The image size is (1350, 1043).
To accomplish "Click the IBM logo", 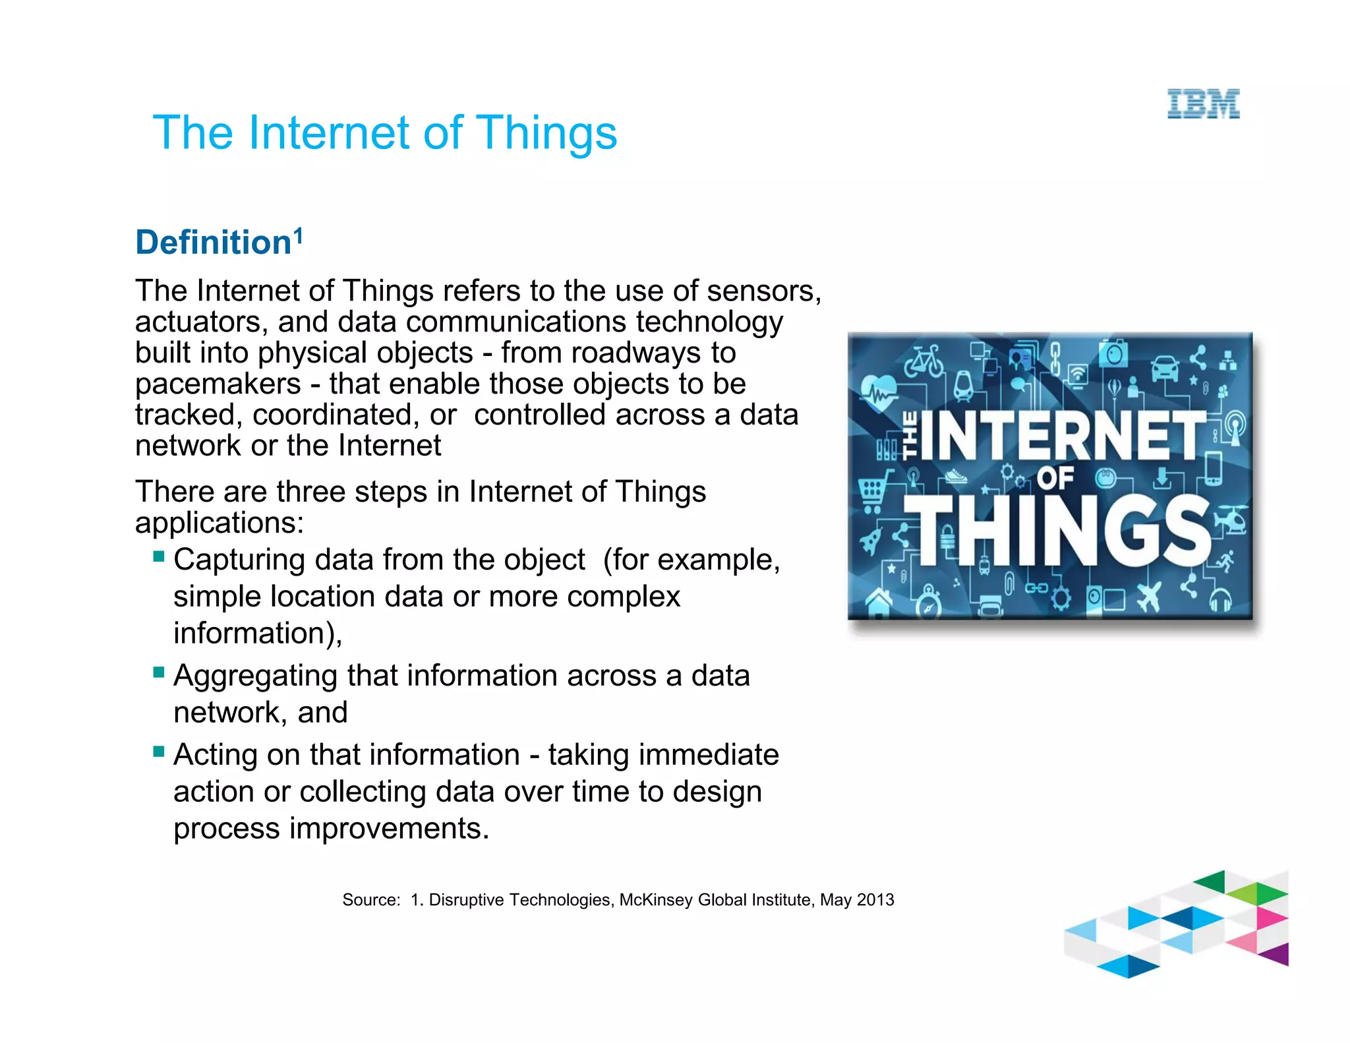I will (1203, 104).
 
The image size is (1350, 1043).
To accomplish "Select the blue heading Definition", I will (213, 243).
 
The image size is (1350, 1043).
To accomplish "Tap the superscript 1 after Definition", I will (298, 235).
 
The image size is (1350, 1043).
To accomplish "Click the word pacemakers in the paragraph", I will (218, 384).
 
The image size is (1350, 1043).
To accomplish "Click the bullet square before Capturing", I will (158, 556).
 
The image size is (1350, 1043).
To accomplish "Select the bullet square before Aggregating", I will (158, 672).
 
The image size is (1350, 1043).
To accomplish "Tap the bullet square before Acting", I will (158, 751).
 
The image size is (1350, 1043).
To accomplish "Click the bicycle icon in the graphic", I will (924, 361).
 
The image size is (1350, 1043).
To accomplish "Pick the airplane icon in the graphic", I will (1150, 596).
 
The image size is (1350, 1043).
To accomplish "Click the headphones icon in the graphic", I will (1220, 600).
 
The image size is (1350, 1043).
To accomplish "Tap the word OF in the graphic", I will (1055, 478).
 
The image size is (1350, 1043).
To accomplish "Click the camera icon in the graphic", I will (1113, 353).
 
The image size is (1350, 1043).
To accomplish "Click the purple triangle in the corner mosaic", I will (1276, 954).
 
